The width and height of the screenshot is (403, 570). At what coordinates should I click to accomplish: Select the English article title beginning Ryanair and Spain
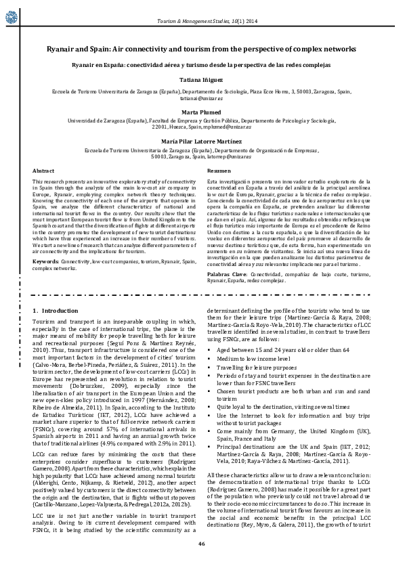click(201, 50)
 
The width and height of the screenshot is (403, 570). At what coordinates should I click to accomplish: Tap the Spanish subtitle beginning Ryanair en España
click(201, 65)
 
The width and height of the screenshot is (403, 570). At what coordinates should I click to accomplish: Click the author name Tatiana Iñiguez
click(201, 80)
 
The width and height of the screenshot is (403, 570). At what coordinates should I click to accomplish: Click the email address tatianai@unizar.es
click(201, 97)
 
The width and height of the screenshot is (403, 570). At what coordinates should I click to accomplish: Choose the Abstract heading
click(43, 171)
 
